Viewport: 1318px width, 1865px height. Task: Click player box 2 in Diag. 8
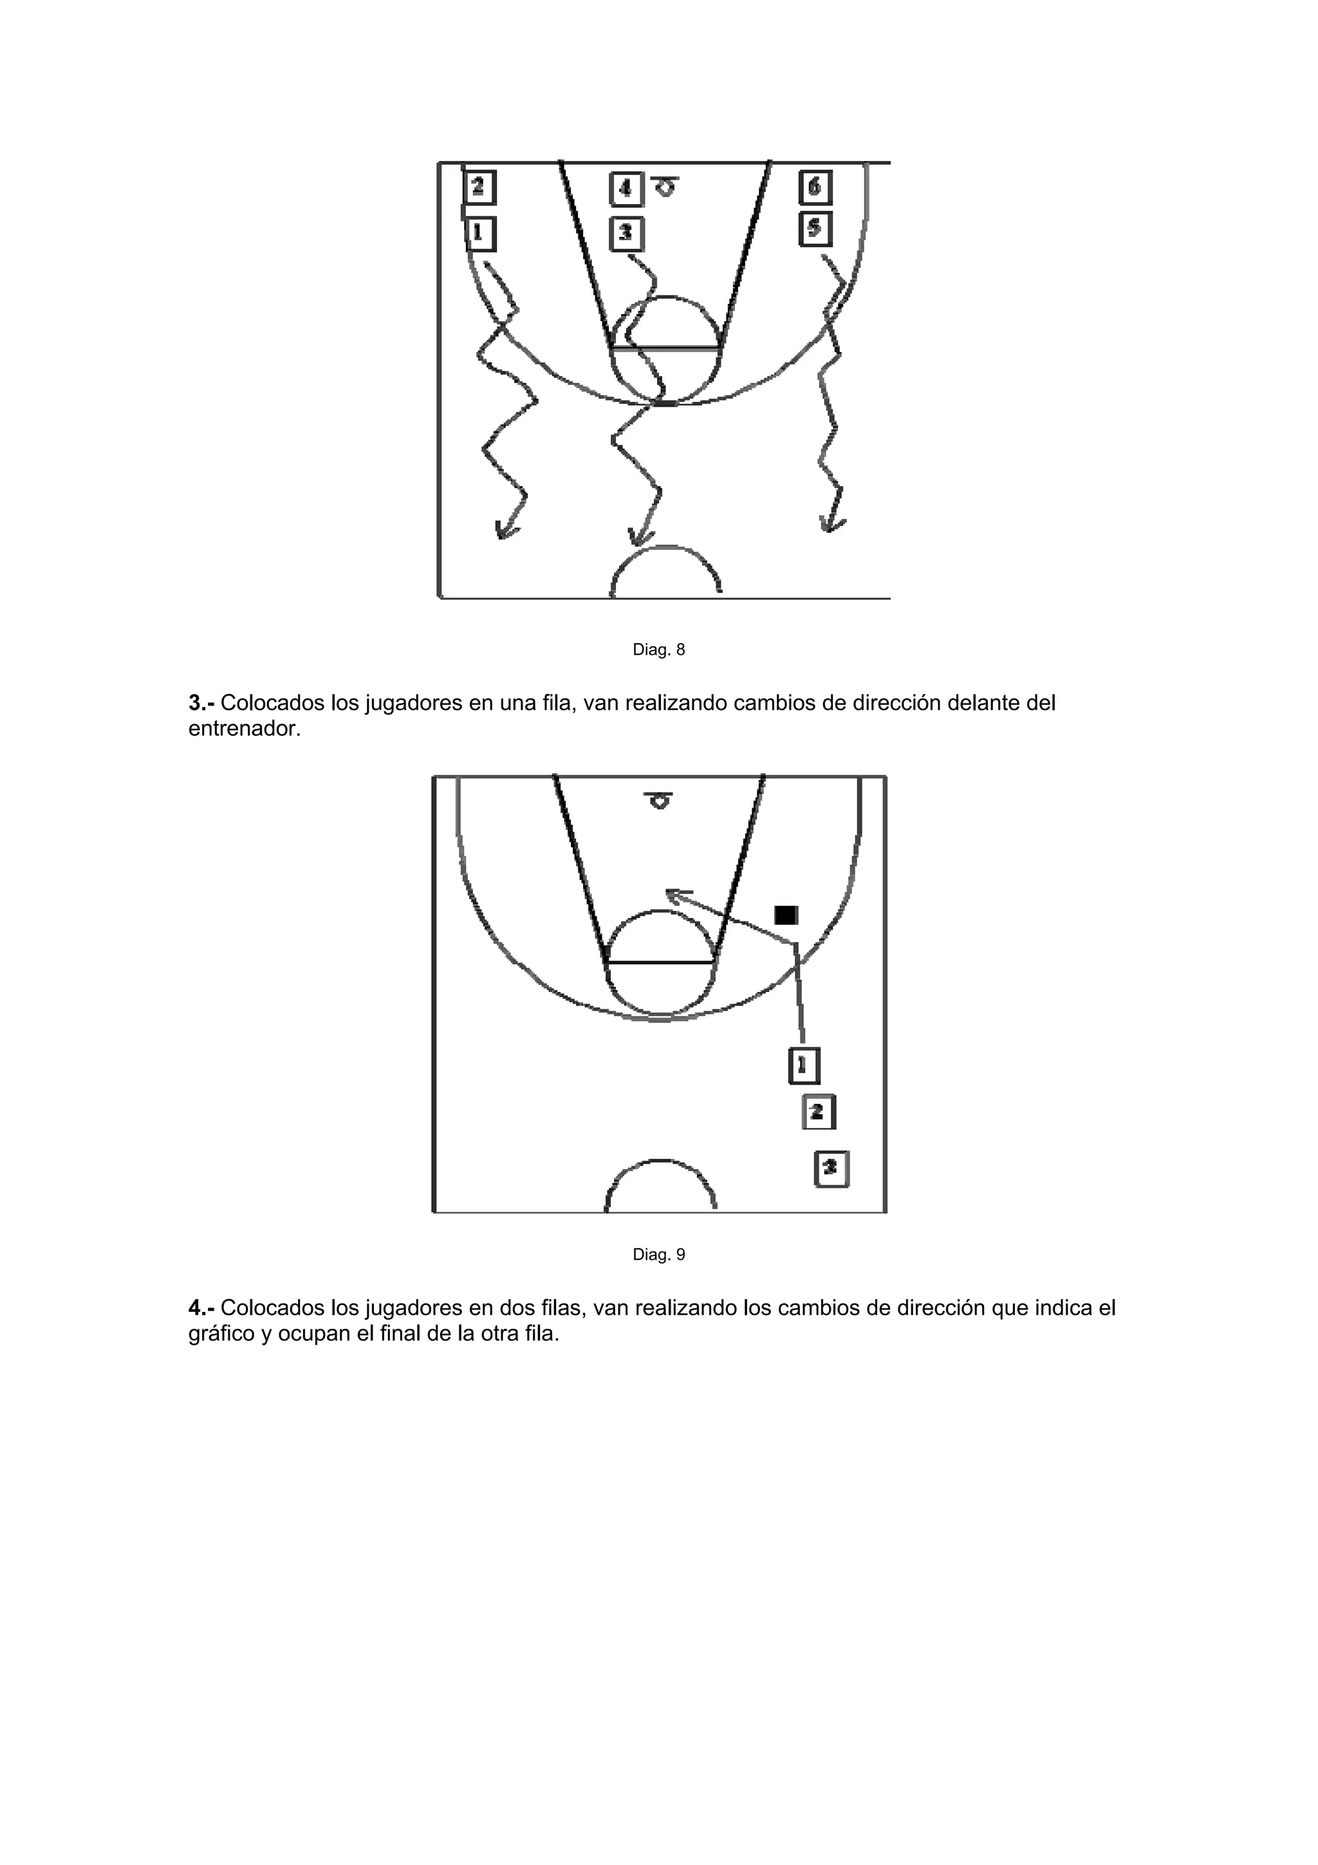click(479, 187)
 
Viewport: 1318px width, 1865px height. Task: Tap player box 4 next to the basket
click(626, 189)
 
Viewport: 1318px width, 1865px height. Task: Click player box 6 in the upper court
click(815, 187)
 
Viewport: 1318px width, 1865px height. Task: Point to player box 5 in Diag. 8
click(815, 229)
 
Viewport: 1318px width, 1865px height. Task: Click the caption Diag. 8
click(658, 650)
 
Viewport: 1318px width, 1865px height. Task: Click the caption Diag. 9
click(658, 1255)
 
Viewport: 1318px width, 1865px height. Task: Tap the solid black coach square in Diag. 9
click(786, 915)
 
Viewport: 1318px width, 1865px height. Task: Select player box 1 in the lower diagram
click(803, 1065)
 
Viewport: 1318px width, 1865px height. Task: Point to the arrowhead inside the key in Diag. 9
click(673, 894)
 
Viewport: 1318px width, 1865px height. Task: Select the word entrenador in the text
click(244, 729)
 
